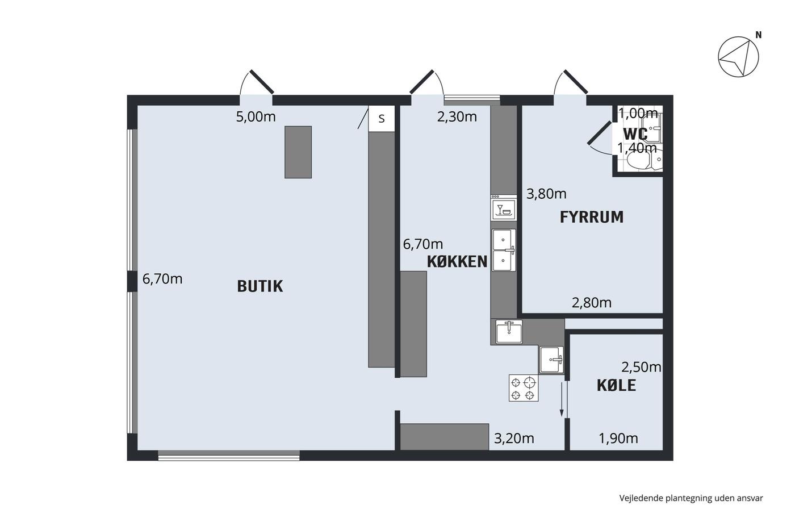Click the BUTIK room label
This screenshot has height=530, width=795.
point(260,286)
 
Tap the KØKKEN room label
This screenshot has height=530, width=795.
point(457,262)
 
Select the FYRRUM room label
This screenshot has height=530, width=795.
point(592,217)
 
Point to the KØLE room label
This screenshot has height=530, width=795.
point(617,386)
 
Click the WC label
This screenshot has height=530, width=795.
point(635,134)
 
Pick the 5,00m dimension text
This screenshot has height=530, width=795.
point(256,117)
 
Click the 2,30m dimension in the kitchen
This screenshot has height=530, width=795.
point(457,117)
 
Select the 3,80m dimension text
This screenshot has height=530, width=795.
point(546,194)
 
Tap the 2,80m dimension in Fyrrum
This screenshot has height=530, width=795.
point(592,303)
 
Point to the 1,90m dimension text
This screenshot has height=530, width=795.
point(618,439)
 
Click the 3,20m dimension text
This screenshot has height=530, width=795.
point(514,439)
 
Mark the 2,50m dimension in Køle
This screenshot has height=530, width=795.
point(641,367)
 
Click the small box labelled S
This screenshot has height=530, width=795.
point(382,119)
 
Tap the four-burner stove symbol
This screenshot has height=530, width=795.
point(524,388)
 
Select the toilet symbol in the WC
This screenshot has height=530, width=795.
point(639,160)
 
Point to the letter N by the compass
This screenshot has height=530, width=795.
point(759,35)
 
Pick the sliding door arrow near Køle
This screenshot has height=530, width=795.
point(562,399)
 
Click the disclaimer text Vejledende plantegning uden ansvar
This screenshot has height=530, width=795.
point(691,498)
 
